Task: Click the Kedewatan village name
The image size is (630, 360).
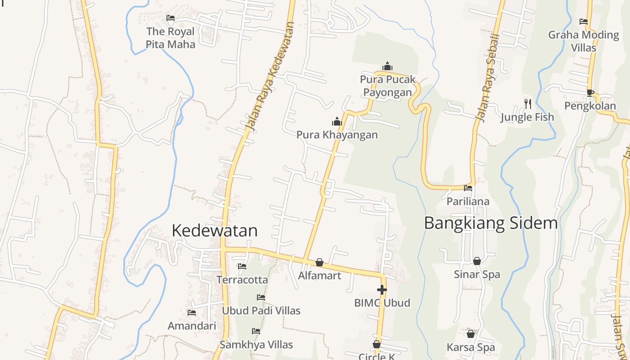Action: (x=215, y=230)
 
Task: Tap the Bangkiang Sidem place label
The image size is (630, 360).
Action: (x=490, y=223)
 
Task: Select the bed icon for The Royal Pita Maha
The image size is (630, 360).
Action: (x=171, y=18)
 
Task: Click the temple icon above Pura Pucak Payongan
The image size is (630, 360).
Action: (x=387, y=67)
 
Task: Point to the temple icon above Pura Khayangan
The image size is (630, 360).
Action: (x=337, y=121)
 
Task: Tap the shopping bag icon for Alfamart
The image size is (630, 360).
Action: (x=319, y=262)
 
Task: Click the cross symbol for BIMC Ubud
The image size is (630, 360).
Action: (x=382, y=289)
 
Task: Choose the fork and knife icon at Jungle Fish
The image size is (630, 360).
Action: (x=528, y=104)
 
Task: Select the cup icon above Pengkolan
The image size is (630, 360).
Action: (x=590, y=93)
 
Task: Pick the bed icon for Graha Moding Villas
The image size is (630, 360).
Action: (x=584, y=22)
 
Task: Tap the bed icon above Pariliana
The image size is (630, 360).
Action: (x=468, y=188)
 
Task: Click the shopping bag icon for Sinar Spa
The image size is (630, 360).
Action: (x=477, y=261)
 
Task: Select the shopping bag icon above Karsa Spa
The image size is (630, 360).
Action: (x=471, y=334)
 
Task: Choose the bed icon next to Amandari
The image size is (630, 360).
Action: (x=192, y=312)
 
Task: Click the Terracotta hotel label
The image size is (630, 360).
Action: (x=242, y=280)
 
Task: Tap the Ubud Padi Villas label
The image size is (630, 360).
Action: (x=261, y=310)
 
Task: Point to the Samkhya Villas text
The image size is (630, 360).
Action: (x=256, y=345)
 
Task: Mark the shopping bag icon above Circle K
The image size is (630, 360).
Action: (x=377, y=344)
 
